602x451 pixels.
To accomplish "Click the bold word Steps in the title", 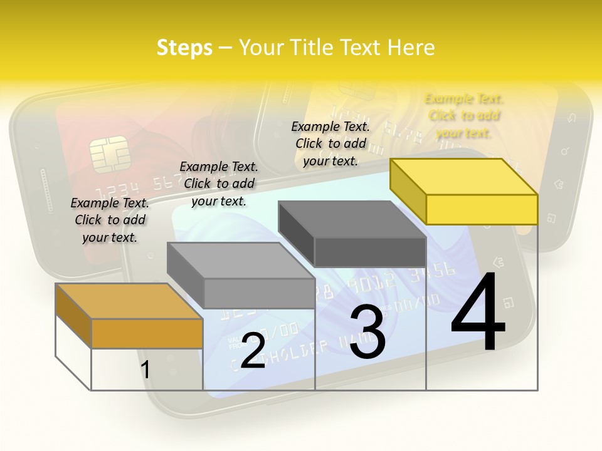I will click(x=184, y=48).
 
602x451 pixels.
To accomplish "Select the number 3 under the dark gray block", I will click(x=367, y=334).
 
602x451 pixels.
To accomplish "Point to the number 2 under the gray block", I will click(x=253, y=351).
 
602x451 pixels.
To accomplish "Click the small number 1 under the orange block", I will click(x=145, y=370).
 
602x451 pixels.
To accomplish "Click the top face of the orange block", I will click(x=129, y=301).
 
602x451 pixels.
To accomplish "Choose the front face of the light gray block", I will click(x=259, y=293).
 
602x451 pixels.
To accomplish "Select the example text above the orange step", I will click(x=110, y=220).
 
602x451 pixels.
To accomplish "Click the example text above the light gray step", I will click(x=219, y=184).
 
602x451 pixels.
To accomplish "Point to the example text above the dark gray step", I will click(x=330, y=143).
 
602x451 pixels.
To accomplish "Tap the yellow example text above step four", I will click(x=464, y=115).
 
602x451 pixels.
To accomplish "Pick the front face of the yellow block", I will click(x=482, y=209).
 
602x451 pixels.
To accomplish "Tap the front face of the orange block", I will click(x=147, y=333).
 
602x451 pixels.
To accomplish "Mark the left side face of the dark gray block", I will click(x=296, y=231).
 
